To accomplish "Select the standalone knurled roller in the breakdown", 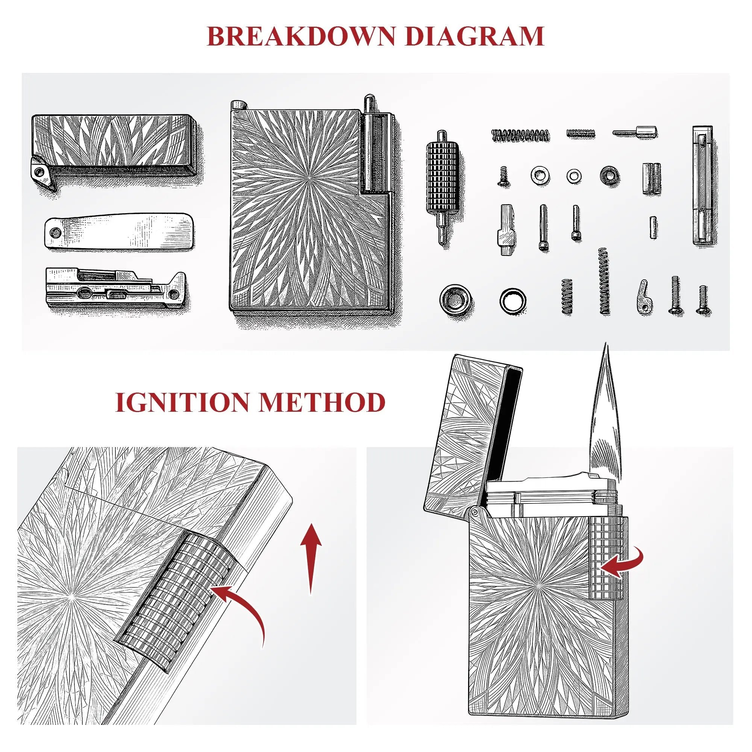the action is (441, 187).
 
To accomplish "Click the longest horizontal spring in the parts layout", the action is (521, 135).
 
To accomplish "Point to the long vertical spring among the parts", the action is (604, 280).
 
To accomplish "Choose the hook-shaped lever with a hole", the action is (644, 297).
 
